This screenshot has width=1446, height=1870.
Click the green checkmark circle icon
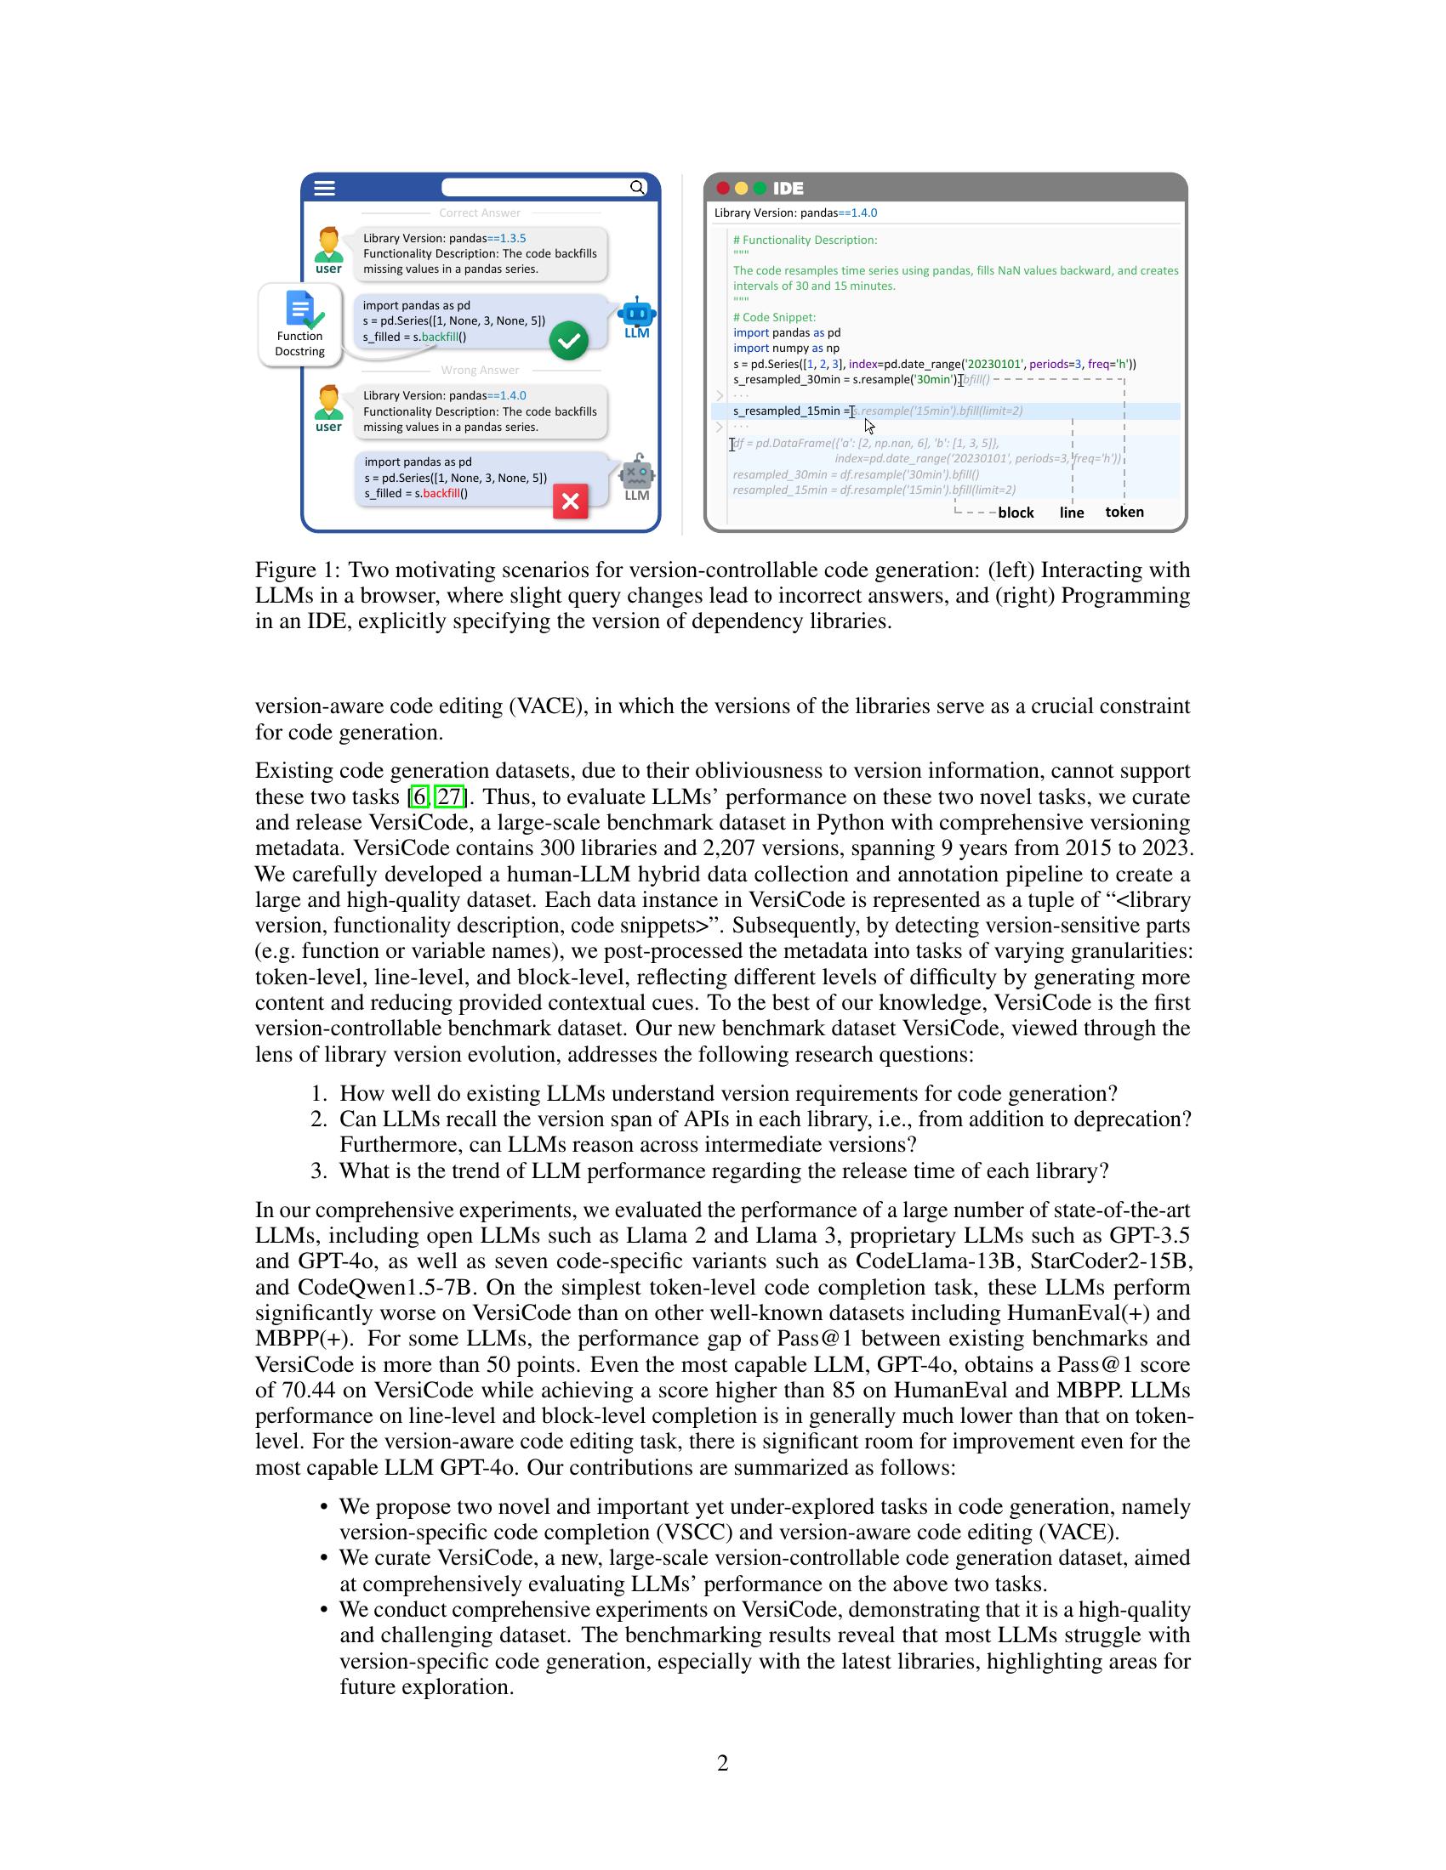coord(568,341)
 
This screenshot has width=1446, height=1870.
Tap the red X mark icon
coord(571,501)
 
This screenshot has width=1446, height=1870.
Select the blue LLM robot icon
coord(636,314)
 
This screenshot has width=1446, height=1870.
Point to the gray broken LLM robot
coord(637,473)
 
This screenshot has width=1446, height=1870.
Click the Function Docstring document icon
coord(300,310)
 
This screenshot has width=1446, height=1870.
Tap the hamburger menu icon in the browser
coord(325,188)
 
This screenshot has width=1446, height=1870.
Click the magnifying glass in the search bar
coord(637,188)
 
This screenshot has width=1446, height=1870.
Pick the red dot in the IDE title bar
coord(723,189)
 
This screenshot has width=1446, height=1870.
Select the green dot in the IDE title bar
coord(759,189)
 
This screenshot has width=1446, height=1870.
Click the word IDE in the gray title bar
coord(788,189)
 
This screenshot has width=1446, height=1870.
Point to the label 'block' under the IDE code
coord(1016,513)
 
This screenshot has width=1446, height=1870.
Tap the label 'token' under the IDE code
coord(1124,512)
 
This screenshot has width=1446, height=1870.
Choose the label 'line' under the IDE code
coord(1072,513)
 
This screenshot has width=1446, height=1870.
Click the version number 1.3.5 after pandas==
coord(512,238)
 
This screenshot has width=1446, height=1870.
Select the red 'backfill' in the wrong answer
coord(441,493)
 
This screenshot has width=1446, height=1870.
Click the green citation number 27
coord(450,797)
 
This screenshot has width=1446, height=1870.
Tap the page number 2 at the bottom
coord(723,1763)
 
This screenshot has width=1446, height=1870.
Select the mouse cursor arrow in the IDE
coord(869,427)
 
